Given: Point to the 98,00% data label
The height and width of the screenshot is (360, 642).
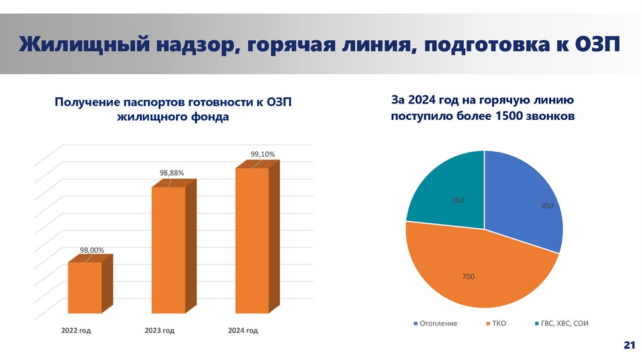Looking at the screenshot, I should point(92,250).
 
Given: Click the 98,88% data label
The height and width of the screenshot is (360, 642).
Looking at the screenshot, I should point(172,172).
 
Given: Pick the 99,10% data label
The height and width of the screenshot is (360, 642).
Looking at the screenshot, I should point(263,154).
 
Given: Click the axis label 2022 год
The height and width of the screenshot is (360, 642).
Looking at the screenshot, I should point(76,330).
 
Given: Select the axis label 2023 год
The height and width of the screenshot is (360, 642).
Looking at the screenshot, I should point(159,330).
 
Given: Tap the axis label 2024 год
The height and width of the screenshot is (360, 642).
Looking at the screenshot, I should point(243,330).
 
